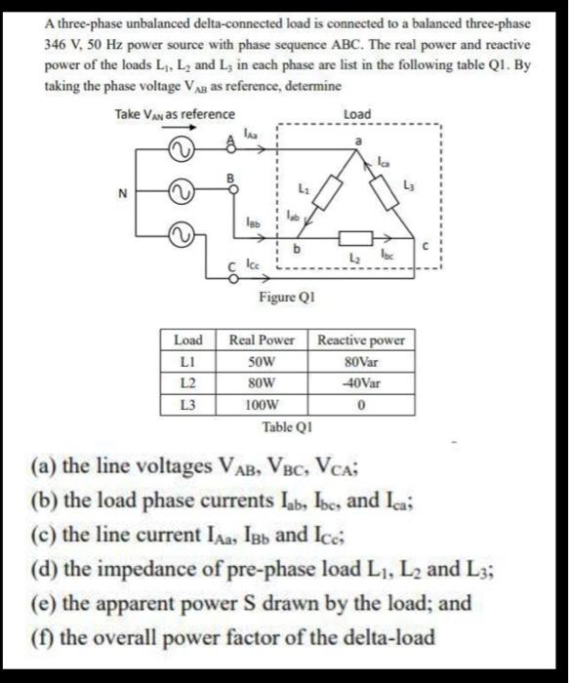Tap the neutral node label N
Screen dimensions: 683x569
[x=123, y=192]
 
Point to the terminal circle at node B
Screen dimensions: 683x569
[x=233, y=190]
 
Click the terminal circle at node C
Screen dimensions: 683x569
[x=233, y=276]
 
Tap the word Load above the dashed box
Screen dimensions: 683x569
[x=358, y=114]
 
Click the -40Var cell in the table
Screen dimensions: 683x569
[x=361, y=382]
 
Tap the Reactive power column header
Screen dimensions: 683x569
[x=361, y=341]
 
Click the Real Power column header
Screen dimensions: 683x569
[x=262, y=341]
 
